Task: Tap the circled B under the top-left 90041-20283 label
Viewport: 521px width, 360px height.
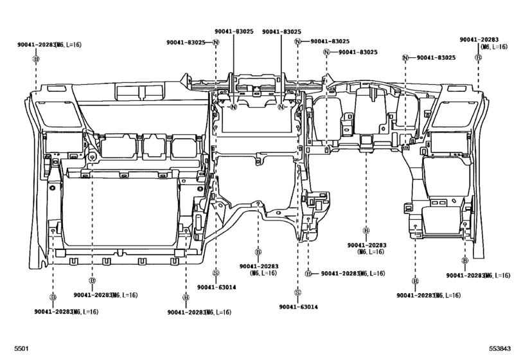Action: point(36,57)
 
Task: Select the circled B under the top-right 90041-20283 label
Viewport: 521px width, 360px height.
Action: point(479,57)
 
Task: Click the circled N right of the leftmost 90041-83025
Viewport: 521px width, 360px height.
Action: point(216,42)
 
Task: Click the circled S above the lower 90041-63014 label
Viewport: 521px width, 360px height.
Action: point(298,292)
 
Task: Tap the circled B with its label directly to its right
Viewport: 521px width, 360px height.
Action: point(308,274)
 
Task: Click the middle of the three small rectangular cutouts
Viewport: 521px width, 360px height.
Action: point(154,147)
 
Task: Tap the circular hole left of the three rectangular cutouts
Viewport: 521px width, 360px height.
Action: point(93,156)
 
